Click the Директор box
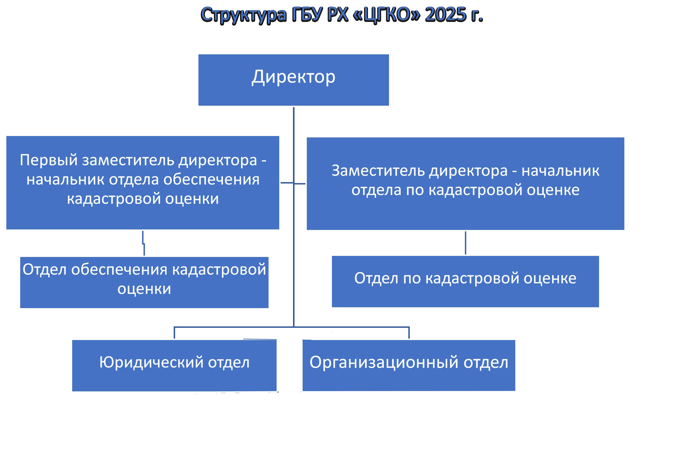click(294, 80)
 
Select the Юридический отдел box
click(174, 366)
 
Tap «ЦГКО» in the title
click(387, 15)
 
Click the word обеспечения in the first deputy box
click(211, 179)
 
